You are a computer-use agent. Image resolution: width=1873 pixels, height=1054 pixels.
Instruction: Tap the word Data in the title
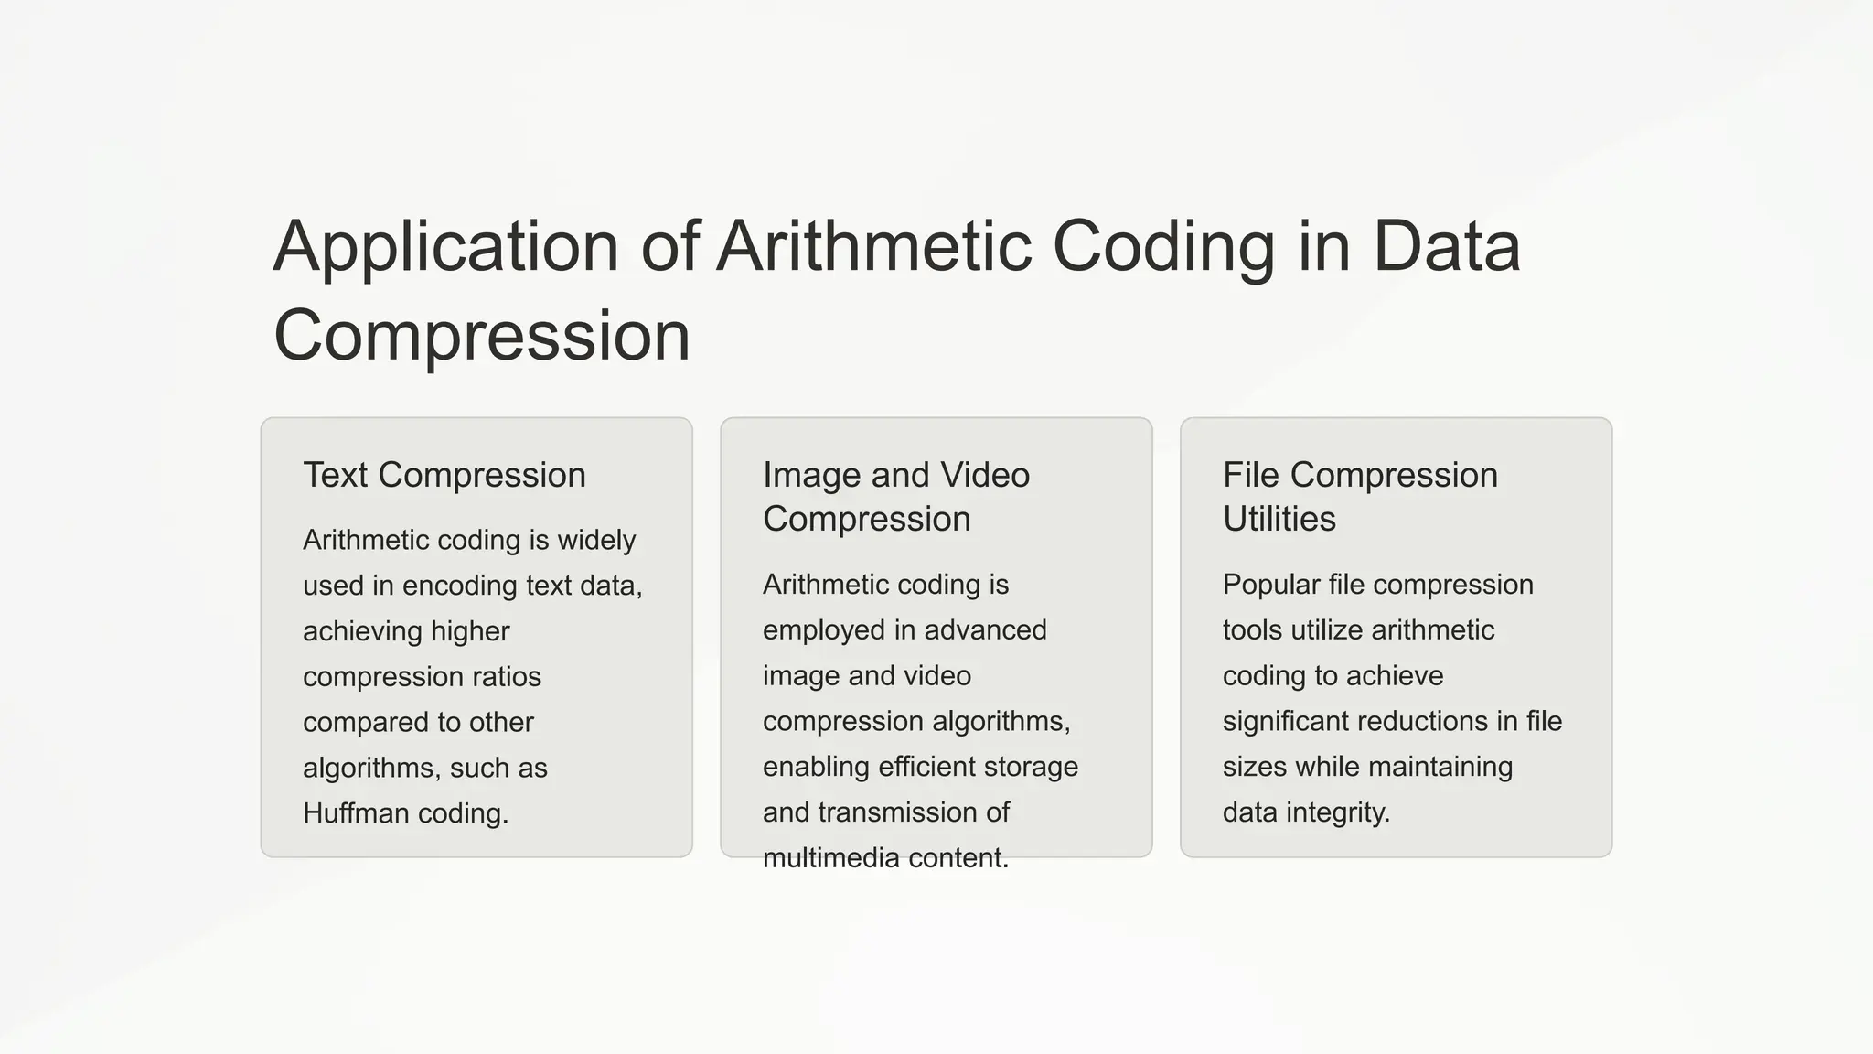(x=1446, y=247)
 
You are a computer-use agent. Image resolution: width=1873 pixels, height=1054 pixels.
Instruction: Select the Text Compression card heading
(x=444, y=475)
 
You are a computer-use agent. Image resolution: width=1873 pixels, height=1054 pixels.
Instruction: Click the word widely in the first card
(x=596, y=540)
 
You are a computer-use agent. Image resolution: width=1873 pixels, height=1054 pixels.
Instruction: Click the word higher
(x=470, y=631)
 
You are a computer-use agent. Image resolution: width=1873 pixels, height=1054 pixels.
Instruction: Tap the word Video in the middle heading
(x=985, y=475)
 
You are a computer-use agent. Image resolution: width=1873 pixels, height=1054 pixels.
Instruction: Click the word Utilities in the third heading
(x=1279, y=519)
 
